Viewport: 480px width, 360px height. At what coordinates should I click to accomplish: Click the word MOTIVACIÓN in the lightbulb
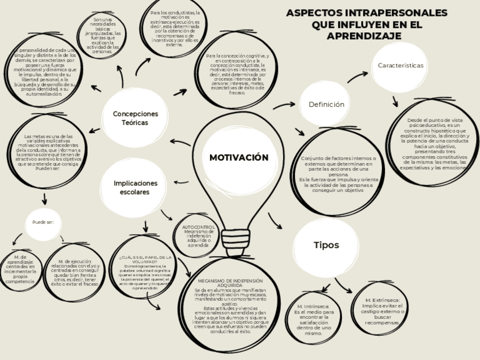(239, 157)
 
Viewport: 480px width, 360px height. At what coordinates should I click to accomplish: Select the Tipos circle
(326, 245)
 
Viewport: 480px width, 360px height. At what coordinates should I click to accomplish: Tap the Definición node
(326, 105)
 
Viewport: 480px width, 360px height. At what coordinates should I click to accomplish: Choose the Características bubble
(400, 66)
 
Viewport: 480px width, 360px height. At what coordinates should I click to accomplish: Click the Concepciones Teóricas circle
(135, 118)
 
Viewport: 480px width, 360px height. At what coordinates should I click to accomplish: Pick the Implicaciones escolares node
(135, 187)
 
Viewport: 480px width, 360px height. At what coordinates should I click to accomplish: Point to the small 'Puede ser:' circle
(43, 222)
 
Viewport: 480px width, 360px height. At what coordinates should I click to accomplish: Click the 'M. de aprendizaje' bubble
(20, 269)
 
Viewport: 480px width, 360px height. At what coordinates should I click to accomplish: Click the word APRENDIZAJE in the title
(365, 36)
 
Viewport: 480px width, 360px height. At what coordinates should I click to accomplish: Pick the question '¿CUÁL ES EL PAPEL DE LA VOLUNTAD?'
(145, 259)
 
